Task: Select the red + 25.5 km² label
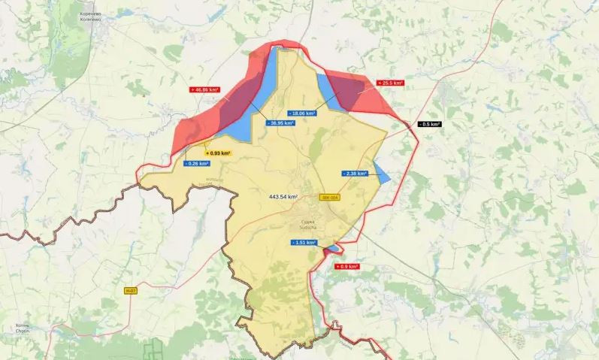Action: point(390,83)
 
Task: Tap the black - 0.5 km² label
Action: point(430,124)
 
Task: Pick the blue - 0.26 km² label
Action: point(196,163)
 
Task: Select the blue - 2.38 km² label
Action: point(354,173)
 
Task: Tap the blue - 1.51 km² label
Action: point(304,242)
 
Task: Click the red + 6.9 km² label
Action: point(346,266)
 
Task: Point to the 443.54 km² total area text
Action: point(283,196)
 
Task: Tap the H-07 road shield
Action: point(132,290)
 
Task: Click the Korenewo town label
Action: point(95,17)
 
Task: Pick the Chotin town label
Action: point(23,329)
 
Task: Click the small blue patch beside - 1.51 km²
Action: point(330,247)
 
